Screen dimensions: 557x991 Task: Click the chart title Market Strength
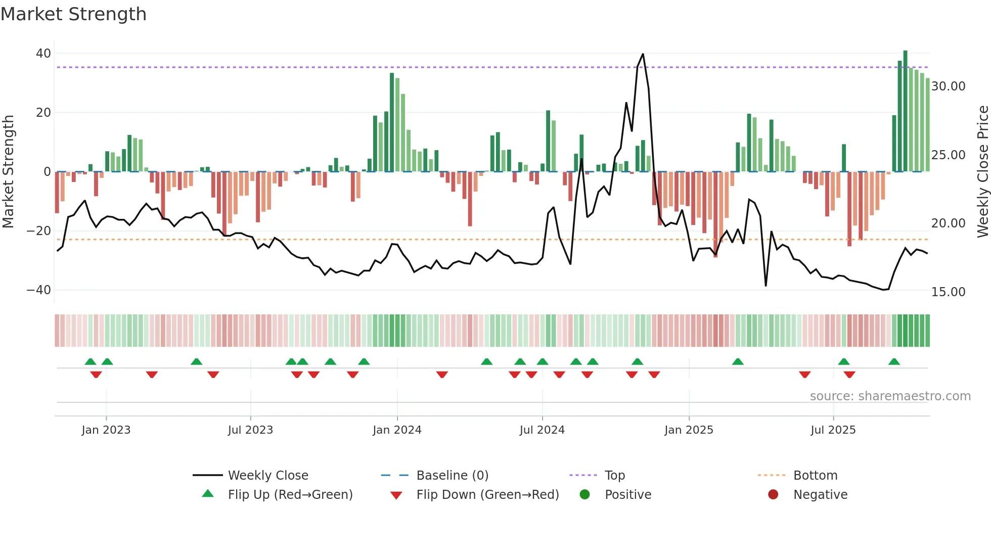click(73, 14)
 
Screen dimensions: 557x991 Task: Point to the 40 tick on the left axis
click(43, 54)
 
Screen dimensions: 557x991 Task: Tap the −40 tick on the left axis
click(39, 290)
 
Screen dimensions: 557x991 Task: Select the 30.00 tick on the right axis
click(948, 86)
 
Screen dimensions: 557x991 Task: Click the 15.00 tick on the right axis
click(948, 292)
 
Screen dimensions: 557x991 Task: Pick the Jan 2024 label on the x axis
click(397, 430)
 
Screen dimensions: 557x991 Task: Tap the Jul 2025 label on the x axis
click(833, 430)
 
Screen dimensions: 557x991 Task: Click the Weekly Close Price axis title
click(982, 172)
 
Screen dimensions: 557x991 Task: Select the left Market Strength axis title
click(8, 172)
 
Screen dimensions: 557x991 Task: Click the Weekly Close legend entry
click(268, 476)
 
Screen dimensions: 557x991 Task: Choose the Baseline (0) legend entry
click(452, 476)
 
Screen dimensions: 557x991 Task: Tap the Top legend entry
click(615, 476)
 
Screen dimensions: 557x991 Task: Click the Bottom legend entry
click(815, 476)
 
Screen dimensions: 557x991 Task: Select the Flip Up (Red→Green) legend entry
click(290, 495)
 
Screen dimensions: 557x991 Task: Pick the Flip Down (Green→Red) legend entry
click(487, 495)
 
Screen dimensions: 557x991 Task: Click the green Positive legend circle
click(585, 495)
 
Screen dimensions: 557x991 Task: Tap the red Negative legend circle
click(773, 495)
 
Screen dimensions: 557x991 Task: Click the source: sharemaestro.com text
click(890, 396)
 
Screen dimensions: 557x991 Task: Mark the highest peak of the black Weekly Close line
click(643, 54)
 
